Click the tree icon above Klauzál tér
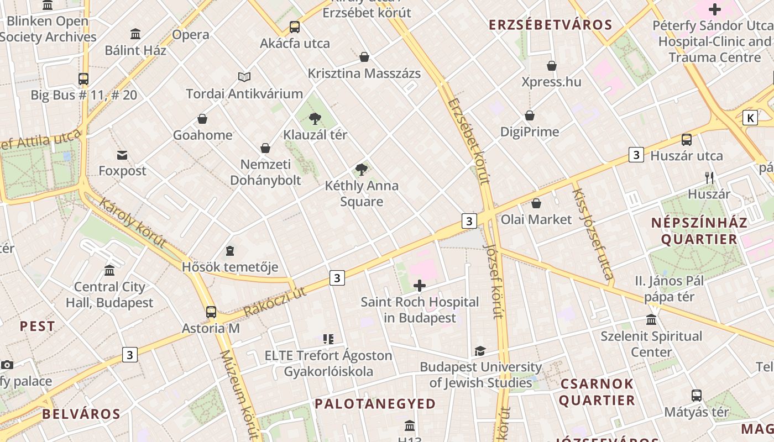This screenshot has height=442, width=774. (x=315, y=118)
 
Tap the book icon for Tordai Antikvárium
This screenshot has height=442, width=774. (x=244, y=77)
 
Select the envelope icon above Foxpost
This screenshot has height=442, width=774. (x=122, y=155)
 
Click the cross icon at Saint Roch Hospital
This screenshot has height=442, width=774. (x=420, y=286)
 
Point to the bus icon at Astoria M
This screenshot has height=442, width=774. (x=211, y=312)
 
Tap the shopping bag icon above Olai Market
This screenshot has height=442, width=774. (x=536, y=203)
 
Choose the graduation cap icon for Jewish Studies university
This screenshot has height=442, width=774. (x=480, y=351)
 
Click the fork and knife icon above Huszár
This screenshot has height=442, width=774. (x=709, y=178)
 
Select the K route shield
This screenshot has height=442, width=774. (x=750, y=118)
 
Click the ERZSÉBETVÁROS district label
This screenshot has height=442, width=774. (x=551, y=25)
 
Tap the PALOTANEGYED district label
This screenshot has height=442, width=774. (x=375, y=404)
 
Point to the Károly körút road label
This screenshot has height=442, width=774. (x=133, y=222)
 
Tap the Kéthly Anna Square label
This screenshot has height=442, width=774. (x=362, y=193)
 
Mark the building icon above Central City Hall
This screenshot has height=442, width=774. (x=109, y=271)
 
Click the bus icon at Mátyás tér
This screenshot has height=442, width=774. (x=697, y=396)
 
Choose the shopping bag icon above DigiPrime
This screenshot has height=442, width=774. (x=530, y=115)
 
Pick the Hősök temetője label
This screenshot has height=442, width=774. (x=230, y=267)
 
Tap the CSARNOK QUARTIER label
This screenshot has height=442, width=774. (x=597, y=392)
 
